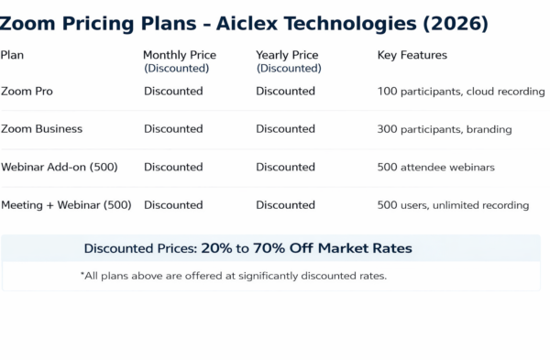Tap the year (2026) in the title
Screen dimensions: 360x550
[455, 22]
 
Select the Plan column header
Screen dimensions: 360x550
[13, 55]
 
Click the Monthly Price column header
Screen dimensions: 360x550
[180, 55]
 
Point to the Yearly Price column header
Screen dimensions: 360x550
[287, 55]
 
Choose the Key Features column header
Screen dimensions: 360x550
[412, 55]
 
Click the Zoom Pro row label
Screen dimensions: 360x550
[27, 91]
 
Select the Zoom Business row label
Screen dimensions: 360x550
[42, 129]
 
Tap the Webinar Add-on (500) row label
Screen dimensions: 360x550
[60, 167]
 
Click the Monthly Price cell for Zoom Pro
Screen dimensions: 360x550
[173, 91]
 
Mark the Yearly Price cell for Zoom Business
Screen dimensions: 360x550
[285, 129]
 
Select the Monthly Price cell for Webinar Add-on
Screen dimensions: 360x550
[173, 167]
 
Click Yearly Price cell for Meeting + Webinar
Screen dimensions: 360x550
[285, 205]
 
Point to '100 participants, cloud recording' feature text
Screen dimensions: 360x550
[461, 92]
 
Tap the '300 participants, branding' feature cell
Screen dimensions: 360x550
[445, 129]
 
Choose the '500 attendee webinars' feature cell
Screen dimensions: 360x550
[435, 167]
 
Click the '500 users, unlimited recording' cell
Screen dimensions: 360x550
[453, 205]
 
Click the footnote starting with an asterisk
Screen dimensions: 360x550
[234, 276]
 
